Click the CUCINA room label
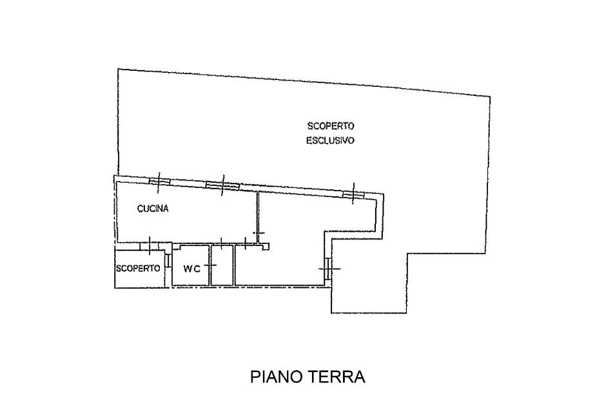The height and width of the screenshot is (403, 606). point(153,209)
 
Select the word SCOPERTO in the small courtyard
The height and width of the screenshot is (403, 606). point(138,268)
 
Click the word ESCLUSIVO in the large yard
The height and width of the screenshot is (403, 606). point(330,140)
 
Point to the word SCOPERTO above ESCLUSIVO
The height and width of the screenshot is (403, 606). point(331,126)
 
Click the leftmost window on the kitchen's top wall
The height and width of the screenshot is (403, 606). point(157,182)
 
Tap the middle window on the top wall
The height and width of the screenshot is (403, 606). point(222,186)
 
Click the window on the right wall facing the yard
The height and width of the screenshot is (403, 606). point(328,268)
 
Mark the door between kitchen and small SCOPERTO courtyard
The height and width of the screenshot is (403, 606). point(150,245)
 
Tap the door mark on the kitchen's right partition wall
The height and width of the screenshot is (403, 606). point(259,233)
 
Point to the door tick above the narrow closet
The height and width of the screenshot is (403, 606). point(221,244)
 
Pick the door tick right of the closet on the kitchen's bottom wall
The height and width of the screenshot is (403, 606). point(246,243)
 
